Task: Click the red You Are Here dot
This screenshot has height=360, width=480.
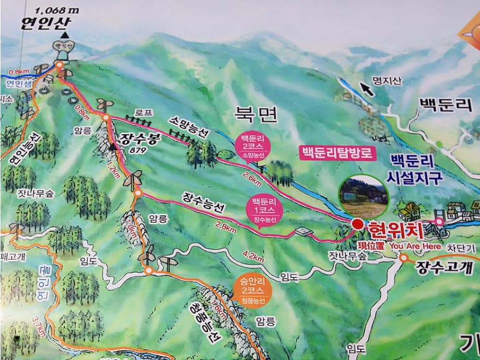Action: pyautogui.click(x=357, y=224)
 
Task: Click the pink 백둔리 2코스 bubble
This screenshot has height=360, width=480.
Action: pyautogui.click(x=248, y=145)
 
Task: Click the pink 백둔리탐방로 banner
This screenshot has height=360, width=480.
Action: pyautogui.click(x=338, y=152)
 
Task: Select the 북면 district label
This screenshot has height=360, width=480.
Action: pyautogui.click(x=256, y=114)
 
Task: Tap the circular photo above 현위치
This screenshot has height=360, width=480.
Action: pyautogui.click(x=363, y=195)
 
